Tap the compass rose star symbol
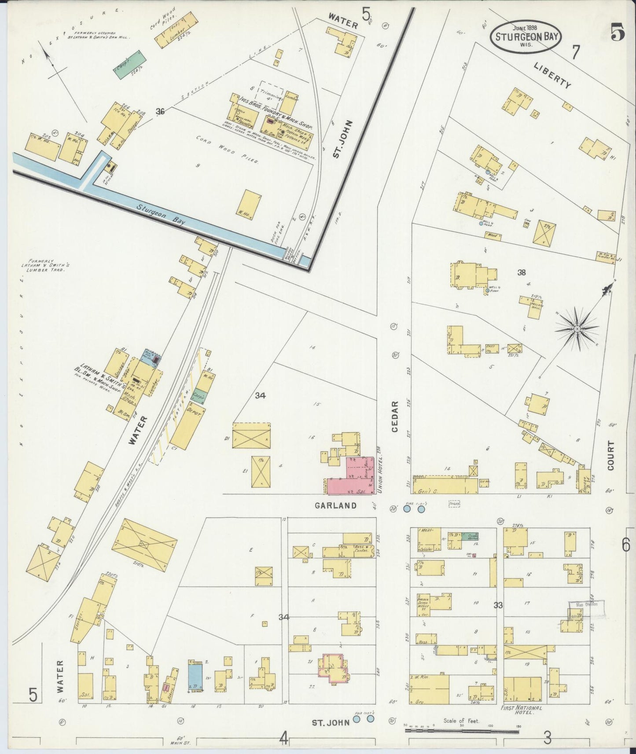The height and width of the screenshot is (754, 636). pos(576,329)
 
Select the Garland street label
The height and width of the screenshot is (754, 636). pos(335,505)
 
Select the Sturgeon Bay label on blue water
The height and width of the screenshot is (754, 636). pos(160,215)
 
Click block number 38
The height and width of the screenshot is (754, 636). pos(522,273)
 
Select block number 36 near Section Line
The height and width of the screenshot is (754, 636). pos(160,112)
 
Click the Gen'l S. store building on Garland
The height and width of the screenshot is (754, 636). pos(445,486)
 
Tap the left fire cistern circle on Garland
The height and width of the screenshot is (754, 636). pos(407,509)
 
